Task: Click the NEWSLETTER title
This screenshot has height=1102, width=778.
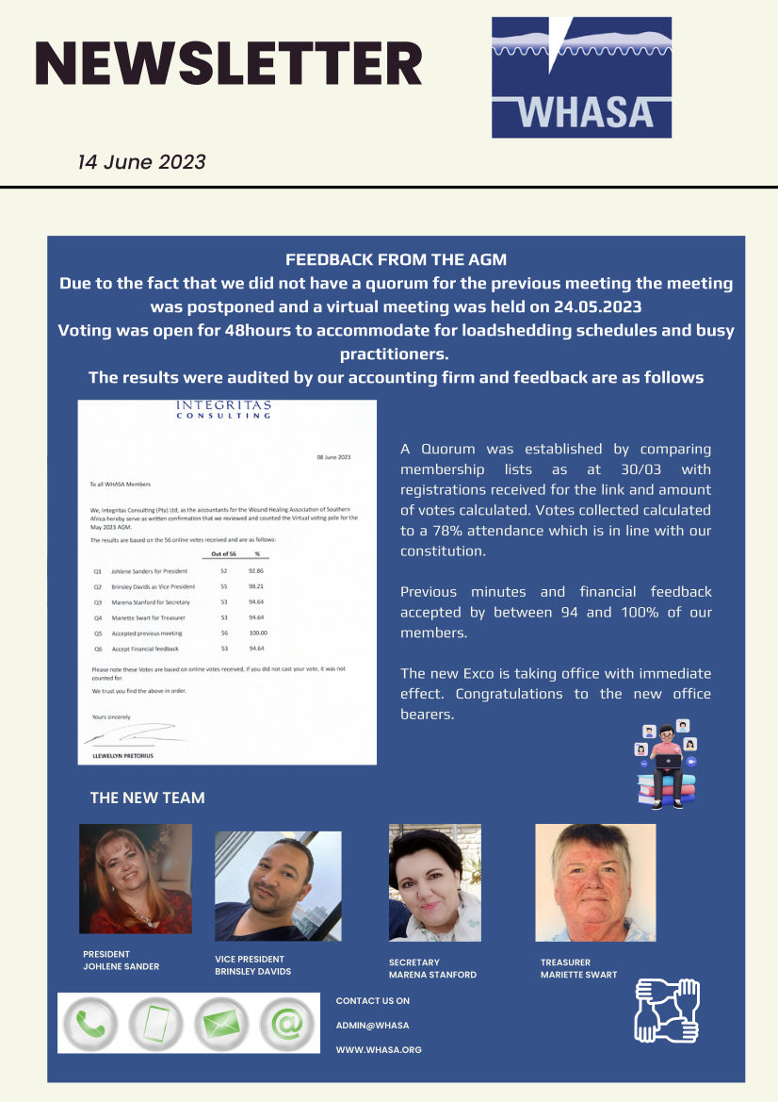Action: point(228,64)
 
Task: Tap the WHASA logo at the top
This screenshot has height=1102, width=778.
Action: point(581,77)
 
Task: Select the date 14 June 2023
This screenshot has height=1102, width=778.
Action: point(141,162)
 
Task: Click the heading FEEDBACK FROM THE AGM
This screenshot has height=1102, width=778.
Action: point(396,259)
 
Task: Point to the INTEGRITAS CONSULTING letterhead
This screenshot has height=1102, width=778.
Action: point(224,410)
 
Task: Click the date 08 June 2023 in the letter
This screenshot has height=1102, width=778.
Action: point(332,457)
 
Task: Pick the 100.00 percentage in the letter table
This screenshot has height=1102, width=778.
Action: point(253,633)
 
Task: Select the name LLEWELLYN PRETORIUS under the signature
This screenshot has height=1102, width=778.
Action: point(118,756)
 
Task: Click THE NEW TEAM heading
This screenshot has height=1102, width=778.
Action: point(147,798)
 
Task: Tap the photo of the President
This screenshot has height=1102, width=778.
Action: point(136,879)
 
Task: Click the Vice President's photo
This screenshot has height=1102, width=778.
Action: point(278,886)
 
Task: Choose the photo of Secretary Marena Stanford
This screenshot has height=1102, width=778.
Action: point(434,882)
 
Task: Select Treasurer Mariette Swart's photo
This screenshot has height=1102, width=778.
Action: point(595,882)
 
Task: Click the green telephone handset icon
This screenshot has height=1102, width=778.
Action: point(90,1023)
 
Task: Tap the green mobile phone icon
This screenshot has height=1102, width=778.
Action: point(155,1023)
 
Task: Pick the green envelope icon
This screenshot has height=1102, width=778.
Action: point(221,1023)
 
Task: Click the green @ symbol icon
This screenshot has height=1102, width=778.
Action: point(286,1023)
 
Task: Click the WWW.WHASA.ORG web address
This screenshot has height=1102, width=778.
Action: point(379,1049)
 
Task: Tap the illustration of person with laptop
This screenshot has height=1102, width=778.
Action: point(667,764)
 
